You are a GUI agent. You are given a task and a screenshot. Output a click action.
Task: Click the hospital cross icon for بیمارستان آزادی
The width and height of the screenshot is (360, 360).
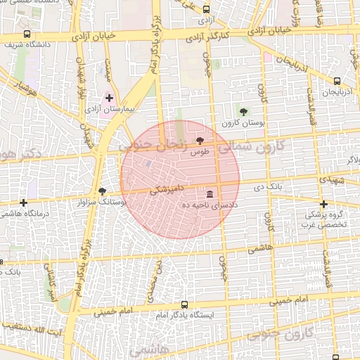point(109,98)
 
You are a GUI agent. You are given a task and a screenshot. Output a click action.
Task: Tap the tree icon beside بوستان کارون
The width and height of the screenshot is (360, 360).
point(244,112)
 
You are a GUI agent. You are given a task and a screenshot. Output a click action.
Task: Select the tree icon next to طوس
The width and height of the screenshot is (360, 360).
point(200,141)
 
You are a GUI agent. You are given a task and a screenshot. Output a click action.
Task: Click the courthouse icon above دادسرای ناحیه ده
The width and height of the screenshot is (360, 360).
point(209,193)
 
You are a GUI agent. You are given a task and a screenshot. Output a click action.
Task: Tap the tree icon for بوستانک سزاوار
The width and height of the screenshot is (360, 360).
point(103,191)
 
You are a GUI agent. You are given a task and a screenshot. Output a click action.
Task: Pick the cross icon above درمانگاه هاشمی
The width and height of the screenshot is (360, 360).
point(23,202)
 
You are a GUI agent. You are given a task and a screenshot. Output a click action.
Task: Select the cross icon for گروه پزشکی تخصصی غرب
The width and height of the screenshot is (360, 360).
point(323,204)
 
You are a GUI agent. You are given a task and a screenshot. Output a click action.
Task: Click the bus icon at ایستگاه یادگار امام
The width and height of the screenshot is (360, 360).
point(184,305)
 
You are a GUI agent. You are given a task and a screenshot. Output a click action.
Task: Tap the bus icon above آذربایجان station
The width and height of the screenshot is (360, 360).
point(337,82)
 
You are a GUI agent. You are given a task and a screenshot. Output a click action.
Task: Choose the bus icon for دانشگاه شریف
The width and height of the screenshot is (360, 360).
point(27,34)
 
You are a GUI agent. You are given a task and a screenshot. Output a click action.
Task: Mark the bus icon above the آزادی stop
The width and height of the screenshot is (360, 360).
point(206,10)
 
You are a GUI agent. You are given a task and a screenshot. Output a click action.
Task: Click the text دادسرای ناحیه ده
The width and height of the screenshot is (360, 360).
point(209,204)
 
